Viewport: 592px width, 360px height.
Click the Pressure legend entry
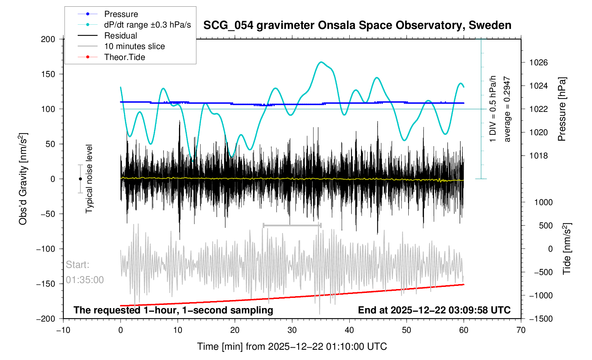[x=121, y=14]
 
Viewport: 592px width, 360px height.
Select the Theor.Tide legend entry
[x=124, y=57]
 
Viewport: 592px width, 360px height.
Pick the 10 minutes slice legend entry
[x=134, y=46]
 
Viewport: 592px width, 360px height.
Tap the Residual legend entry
[x=120, y=36]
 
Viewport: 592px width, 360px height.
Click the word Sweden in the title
[x=490, y=25]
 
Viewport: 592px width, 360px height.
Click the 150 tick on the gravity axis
[x=48, y=74]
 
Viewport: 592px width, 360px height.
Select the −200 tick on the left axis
[x=46, y=319]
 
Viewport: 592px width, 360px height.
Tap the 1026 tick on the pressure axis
[x=538, y=63]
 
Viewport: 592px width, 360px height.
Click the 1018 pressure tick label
[x=538, y=156]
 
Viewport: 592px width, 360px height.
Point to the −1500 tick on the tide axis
[x=540, y=319]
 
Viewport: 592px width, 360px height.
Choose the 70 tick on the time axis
[x=521, y=330]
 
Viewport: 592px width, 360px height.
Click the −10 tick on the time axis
[x=63, y=330]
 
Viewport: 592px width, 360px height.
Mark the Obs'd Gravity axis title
[x=23, y=179]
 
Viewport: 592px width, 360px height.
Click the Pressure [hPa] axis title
[x=562, y=109]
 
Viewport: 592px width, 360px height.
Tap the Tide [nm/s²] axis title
[x=567, y=249]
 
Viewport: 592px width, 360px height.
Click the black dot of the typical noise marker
[x=80, y=179]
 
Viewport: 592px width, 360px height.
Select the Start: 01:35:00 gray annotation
[x=85, y=272]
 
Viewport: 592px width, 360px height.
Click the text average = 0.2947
[x=507, y=109]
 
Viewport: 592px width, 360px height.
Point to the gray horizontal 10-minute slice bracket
[x=292, y=225]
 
